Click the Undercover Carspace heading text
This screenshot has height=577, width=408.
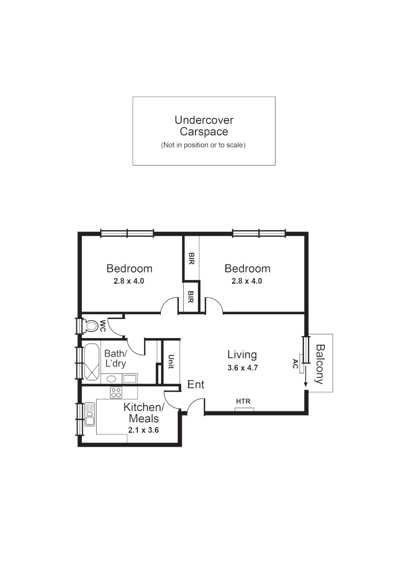pyautogui.click(x=203, y=126)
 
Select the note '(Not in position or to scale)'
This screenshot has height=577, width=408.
pyautogui.click(x=203, y=145)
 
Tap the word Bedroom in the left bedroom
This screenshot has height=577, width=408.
pyautogui.click(x=129, y=269)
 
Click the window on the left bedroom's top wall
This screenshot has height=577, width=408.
pyautogui.click(x=127, y=233)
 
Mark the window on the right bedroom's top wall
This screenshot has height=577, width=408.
pyautogui.click(x=258, y=233)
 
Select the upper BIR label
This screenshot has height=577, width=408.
pyautogui.click(x=191, y=259)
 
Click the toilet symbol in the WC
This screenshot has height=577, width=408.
pyautogui.click(x=92, y=325)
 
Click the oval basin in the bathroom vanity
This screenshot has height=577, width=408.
pyautogui.click(x=111, y=379)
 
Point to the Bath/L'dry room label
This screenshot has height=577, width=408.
pyautogui.click(x=115, y=358)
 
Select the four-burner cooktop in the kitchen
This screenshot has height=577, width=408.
pyautogui.click(x=116, y=393)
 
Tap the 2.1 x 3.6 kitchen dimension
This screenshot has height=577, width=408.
pyautogui.click(x=144, y=430)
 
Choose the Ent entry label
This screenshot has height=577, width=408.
pyautogui.click(x=195, y=385)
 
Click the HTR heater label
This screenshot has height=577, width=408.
pyautogui.click(x=244, y=401)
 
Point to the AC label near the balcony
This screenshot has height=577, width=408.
pyautogui.click(x=295, y=365)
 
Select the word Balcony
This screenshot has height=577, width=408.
pyautogui.click(x=320, y=364)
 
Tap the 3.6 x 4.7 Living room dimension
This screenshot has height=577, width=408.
pyautogui.click(x=242, y=368)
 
